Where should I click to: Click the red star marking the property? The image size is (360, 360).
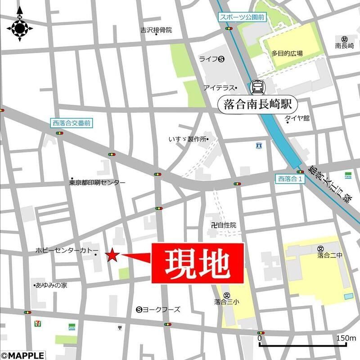[x=112, y=256]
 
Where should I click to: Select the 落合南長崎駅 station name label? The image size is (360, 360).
[x=258, y=104]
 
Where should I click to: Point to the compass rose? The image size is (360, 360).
[x=20, y=27]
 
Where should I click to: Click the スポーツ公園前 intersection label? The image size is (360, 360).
[x=242, y=18]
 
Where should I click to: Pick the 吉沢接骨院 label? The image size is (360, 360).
[x=156, y=31]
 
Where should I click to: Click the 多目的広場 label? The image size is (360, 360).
[x=287, y=53]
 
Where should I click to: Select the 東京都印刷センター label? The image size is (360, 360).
[x=97, y=183]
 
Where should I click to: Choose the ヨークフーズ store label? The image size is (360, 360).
[x=161, y=309]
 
